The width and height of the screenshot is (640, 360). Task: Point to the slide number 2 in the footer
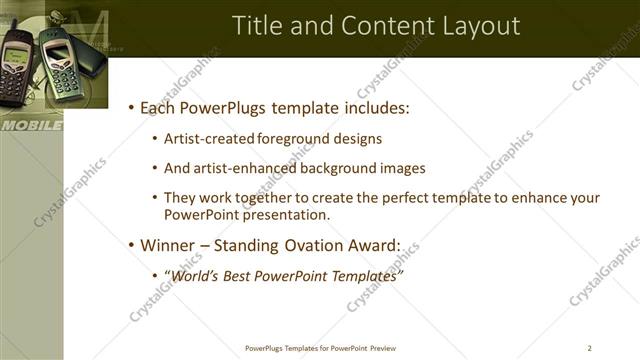click(x=590, y=348)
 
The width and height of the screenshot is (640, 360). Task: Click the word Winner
click(x=168, y=244)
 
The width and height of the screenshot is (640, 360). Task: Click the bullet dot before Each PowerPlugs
click(x=131, y=108)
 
